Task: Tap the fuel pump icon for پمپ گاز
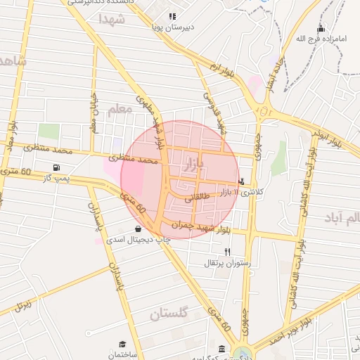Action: point(55,168)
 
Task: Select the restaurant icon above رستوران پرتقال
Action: point(226,251)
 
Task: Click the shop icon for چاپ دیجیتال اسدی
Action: point(138,229)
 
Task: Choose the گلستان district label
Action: point(169,314)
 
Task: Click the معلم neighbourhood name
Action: point(120,110)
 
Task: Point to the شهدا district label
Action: point(112,19)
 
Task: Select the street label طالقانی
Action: point(198,200)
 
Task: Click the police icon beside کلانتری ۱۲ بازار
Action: point(243,181)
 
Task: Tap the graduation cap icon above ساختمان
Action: point(122,345)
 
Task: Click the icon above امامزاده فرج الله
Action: point(321,29)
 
